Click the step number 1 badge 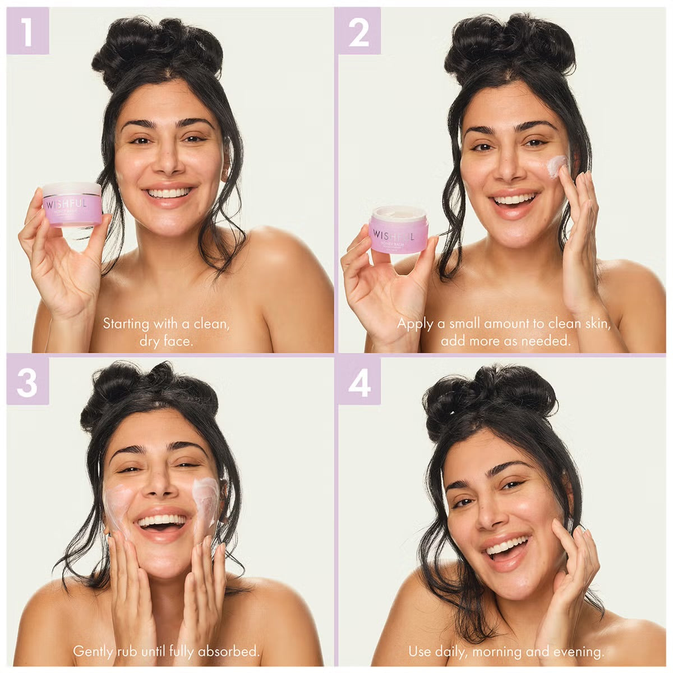[x=27, y=31]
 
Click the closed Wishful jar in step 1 [x=72, y=204]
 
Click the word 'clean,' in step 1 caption [x=212, y=324]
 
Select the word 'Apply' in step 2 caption [x=414, y=324]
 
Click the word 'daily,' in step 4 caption [x=451, y=651]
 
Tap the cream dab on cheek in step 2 [x=557, y=166]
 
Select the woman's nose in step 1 [x=168, y=163]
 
